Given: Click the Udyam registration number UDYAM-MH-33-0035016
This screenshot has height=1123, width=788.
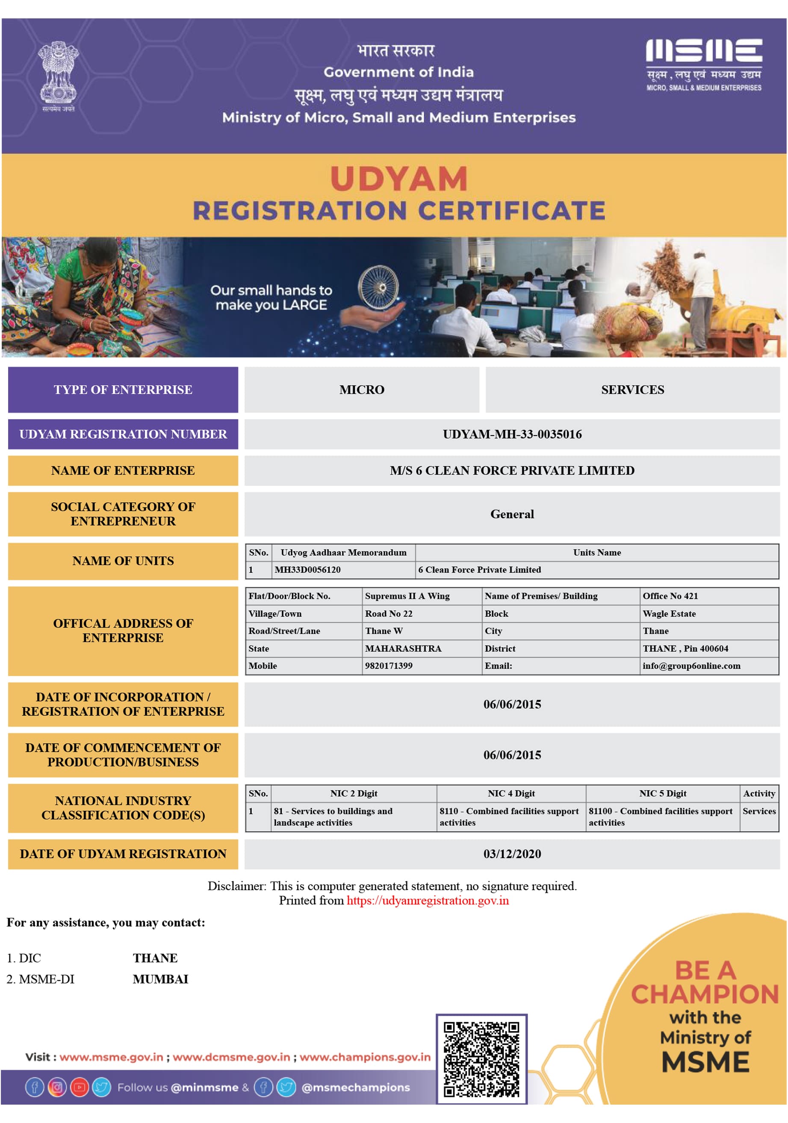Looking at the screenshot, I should click(x=511, y=434).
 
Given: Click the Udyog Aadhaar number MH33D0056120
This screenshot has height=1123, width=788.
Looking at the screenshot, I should click(x=307, y=569).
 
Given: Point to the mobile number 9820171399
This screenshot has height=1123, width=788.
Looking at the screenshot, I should click(x=389, y=665).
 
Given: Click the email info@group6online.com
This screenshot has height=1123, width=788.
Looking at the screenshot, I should click(x=691, y=665).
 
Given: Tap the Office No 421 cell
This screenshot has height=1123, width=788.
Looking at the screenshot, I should click(x=670, y=596).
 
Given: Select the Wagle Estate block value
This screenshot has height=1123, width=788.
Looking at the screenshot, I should click(x=669, y=613).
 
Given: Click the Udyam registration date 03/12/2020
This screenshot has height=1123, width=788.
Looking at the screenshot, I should click(x=511, y=853).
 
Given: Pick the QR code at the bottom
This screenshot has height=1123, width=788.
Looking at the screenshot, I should click(x=481, y=1059).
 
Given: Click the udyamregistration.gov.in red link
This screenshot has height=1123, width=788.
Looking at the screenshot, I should click(x=427, y=900).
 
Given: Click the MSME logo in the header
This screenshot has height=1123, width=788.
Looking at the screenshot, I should click(x=703, y=64).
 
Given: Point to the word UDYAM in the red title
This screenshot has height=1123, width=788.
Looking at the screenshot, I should click(x=398, y=179).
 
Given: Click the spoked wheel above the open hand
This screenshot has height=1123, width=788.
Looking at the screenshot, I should click(x=378, y=287).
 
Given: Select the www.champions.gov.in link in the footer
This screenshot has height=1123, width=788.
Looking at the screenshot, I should click(x=365, y=1057).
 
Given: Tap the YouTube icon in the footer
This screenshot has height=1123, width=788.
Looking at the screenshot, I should click(x=79, y=1087).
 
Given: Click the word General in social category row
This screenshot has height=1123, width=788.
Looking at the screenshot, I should click(x=511, y=513).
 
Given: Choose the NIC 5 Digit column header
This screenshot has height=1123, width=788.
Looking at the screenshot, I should click(x=662, y=793).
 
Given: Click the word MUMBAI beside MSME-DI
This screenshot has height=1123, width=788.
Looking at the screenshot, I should click(x=160, y=979).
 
